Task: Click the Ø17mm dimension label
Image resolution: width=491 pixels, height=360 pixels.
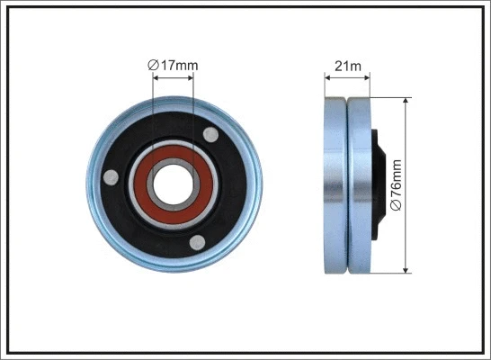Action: pos(174,64)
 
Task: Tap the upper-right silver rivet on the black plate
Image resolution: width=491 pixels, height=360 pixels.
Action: pos(211,135)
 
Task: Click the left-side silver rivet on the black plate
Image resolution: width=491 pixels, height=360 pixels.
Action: pos(110,177)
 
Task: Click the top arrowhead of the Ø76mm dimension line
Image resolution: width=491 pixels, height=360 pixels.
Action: pos(406,101)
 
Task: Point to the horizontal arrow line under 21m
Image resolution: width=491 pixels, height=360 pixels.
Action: pos(347,78)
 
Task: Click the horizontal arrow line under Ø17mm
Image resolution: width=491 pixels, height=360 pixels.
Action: pos(174,78)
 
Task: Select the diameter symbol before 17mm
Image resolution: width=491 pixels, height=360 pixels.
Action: pos(152,64)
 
